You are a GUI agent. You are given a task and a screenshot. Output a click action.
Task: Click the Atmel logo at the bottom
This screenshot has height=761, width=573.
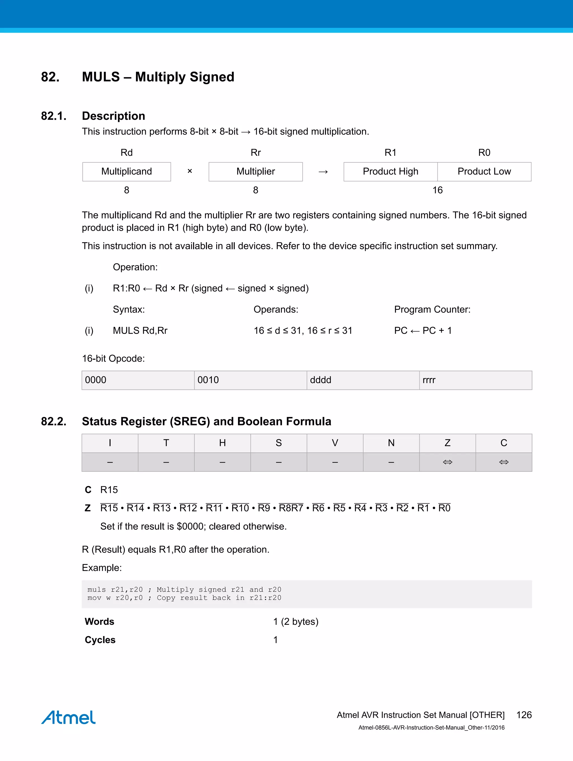tap(69, 717)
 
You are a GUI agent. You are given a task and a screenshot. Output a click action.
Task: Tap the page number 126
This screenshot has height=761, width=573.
tap(524, 715)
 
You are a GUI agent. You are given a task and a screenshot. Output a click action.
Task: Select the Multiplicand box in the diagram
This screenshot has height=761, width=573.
tap(127, 172)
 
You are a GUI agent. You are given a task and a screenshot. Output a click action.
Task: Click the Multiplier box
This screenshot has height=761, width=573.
tap(255, 172)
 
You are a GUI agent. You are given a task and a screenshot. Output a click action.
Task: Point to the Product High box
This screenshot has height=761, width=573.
tap(390, 172)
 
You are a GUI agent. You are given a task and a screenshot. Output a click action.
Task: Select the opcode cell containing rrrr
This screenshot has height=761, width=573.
tap(475, 380)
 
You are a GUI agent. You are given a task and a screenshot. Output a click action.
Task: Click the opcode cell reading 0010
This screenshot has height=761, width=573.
tap(250, 380)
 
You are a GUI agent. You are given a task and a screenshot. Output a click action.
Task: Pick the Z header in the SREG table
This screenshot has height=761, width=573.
tap(447, 443)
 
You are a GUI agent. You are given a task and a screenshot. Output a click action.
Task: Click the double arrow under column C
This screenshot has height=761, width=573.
tap(504, 462)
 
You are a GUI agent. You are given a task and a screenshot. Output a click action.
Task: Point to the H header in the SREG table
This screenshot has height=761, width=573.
tap(222, 443)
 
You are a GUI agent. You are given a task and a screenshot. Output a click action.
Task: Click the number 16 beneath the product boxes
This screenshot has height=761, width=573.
tap(437, 190)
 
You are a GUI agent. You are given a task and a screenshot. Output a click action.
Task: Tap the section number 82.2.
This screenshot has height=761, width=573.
tap(54, 421)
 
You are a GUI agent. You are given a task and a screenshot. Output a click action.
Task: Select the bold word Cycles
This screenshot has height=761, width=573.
tap(100, 640)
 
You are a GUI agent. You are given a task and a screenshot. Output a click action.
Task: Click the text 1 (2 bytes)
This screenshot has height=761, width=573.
tap(296, 622)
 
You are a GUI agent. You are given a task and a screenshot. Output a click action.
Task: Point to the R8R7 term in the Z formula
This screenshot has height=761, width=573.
tap(291, 508)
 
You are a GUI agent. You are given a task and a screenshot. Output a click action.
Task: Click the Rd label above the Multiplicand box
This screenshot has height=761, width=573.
tap(127, 153)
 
